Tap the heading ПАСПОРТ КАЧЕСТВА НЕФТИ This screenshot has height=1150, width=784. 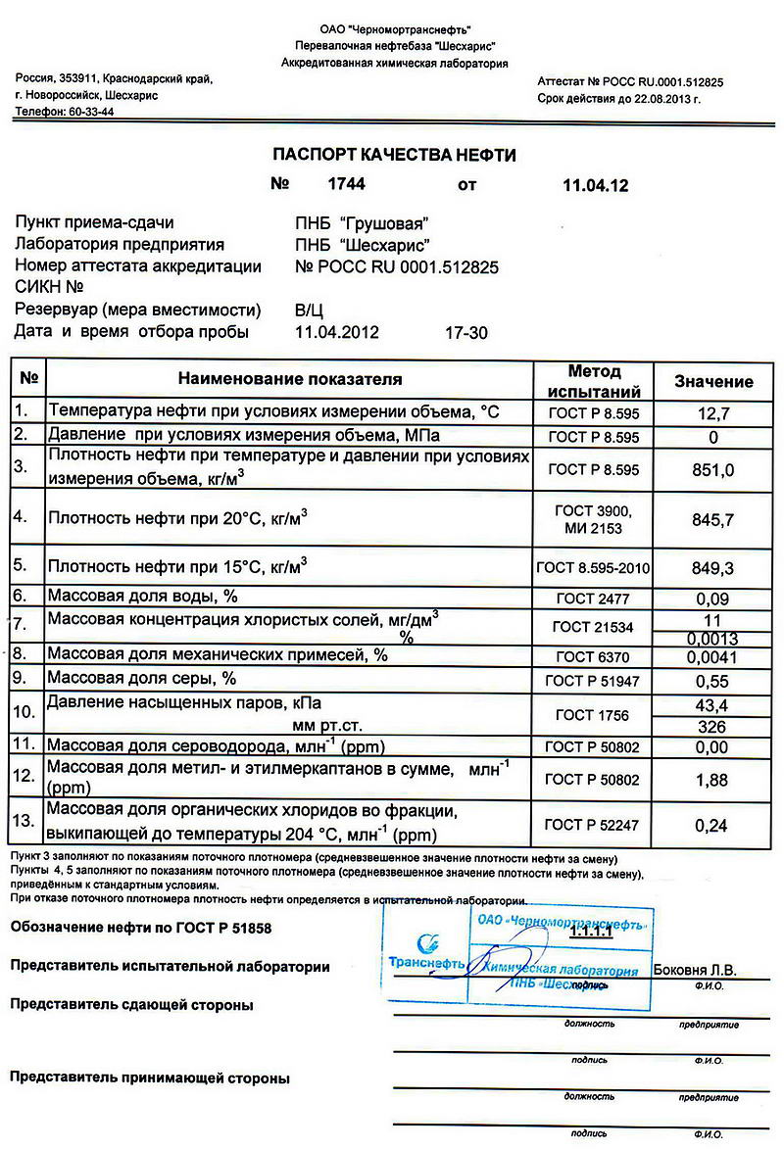[393, 155]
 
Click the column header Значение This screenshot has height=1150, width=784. [713, 382]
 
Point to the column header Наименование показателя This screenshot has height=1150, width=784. [290, 379]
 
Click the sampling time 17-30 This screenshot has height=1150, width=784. [465, 332]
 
